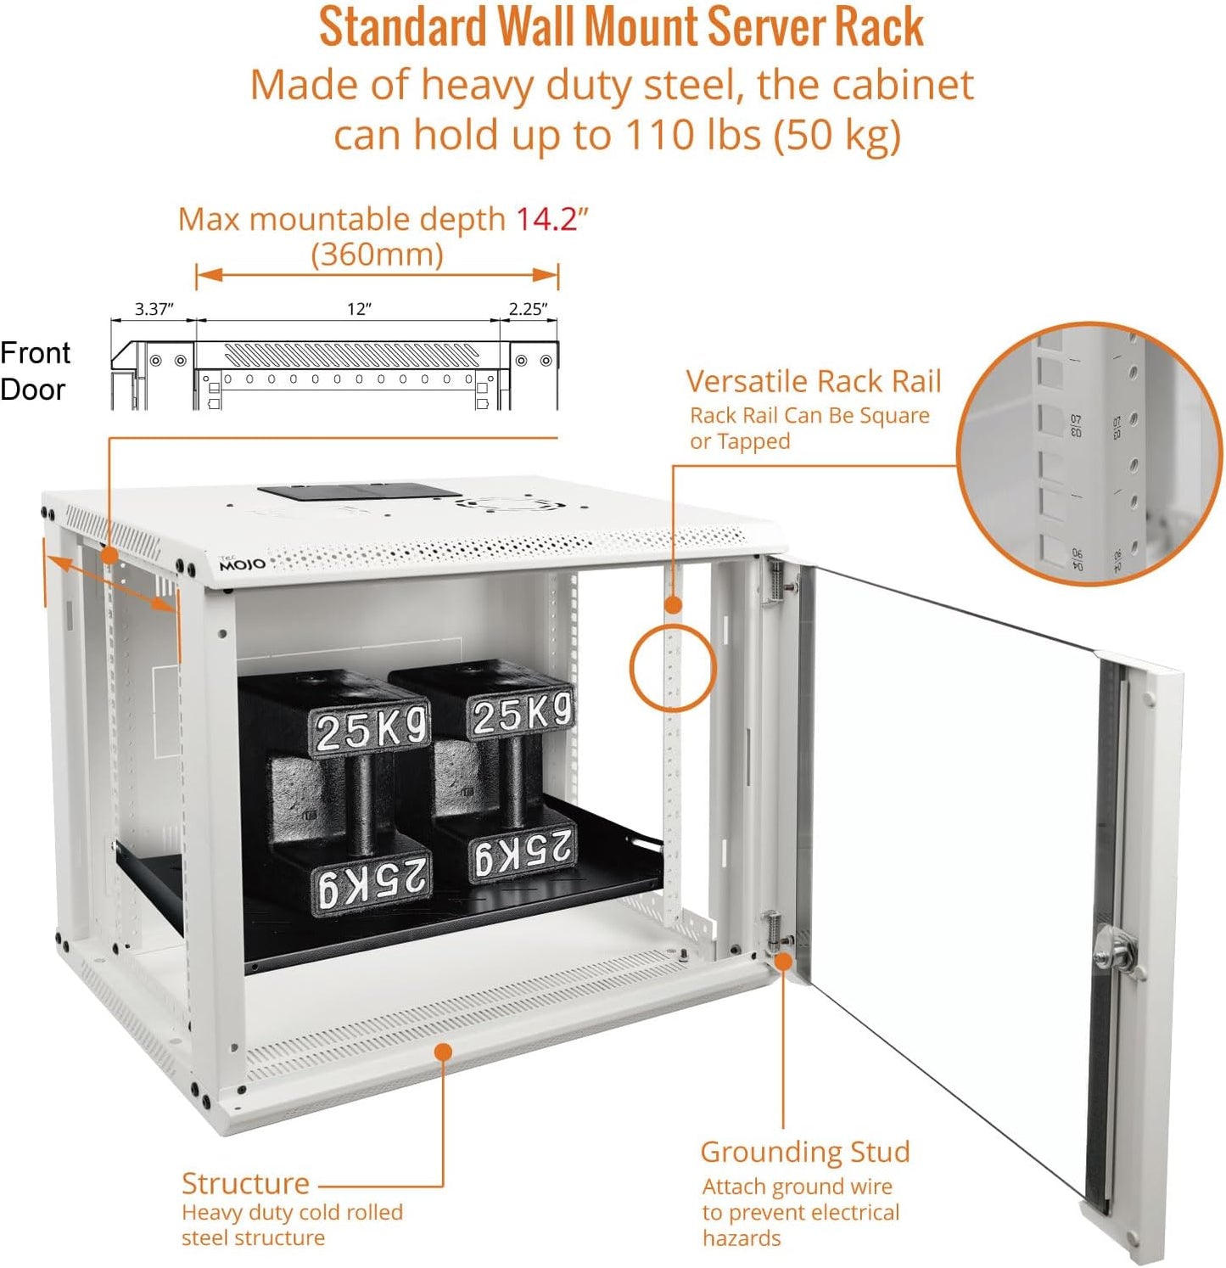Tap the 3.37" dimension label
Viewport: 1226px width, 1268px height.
pyautogui.click(x=154, y=309)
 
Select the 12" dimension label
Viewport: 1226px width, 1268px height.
pyautogui.click(x=359, y=309)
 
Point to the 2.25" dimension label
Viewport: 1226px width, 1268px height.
pyautogui.click(x=528, y=309)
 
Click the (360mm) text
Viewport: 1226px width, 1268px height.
pyautogui.click(x=377, y=255)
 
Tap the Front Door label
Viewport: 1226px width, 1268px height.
pyautogui.click(x=35, y=371)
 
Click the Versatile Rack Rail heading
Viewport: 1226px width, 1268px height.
pyautogui.click(x=813, y=382)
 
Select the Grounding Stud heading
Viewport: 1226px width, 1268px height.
pyautogui.click(x=804, y=1152)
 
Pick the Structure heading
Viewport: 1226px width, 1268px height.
pyautogui.click(x=245, y=1183)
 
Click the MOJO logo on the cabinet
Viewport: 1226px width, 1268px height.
pyautogui.click(x=242, y=564)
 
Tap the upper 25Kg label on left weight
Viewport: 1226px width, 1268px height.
pyautogui.click(x=370, y=728)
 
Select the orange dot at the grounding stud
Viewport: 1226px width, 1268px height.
pyautogui.click(x=783, y=962)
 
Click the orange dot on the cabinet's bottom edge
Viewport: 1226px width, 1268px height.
pyautogui.click(x=442, y=1052)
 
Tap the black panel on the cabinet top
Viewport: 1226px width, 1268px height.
pyautogui.click(x=360, y=491)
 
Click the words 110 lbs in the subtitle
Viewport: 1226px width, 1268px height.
pyautogui.click(x=692, y=135)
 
